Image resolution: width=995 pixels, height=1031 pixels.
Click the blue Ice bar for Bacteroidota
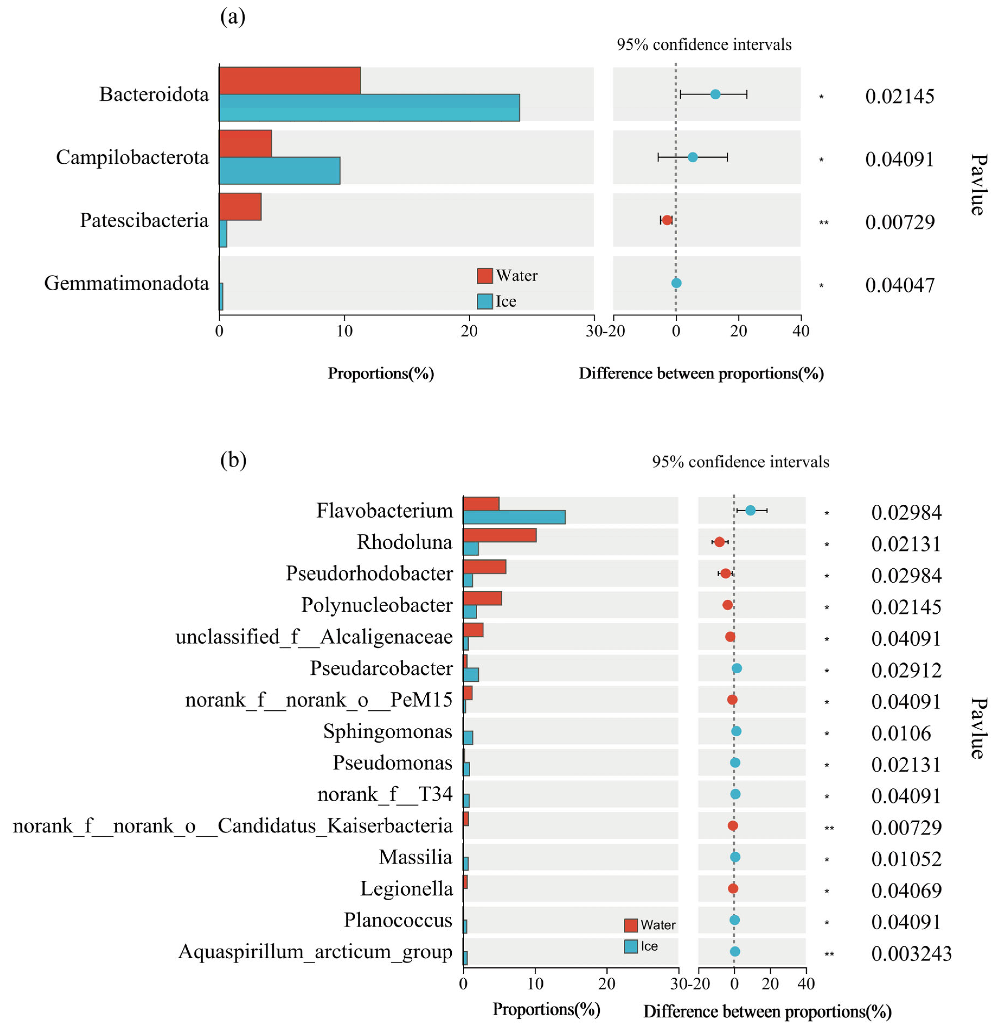pyautogui.click(x=368, y=108)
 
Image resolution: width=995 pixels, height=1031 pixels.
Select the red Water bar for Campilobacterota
pyautogui.click(x=245, y=144)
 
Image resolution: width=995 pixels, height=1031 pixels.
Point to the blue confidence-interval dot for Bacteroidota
pyautogui.click(x=715, y=94)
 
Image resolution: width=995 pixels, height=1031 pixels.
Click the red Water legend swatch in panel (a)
pyautogui.click(x=484, y=276)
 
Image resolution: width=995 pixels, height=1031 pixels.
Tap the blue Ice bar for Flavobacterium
pyautogui.click(x=514, y=517)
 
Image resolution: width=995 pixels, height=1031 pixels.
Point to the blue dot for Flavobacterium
pyautogui.click(x=751, y=510)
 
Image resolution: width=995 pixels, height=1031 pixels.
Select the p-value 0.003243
pyautogui.click(x=911, y=954)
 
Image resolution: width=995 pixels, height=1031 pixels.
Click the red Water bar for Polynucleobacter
pyautogui.click(x=482, y=598)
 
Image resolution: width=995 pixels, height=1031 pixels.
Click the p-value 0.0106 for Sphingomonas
pyautogui.click(x=901, y=733)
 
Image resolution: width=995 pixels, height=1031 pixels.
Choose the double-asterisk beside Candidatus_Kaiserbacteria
pyautogui.click(x=829, y=828)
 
